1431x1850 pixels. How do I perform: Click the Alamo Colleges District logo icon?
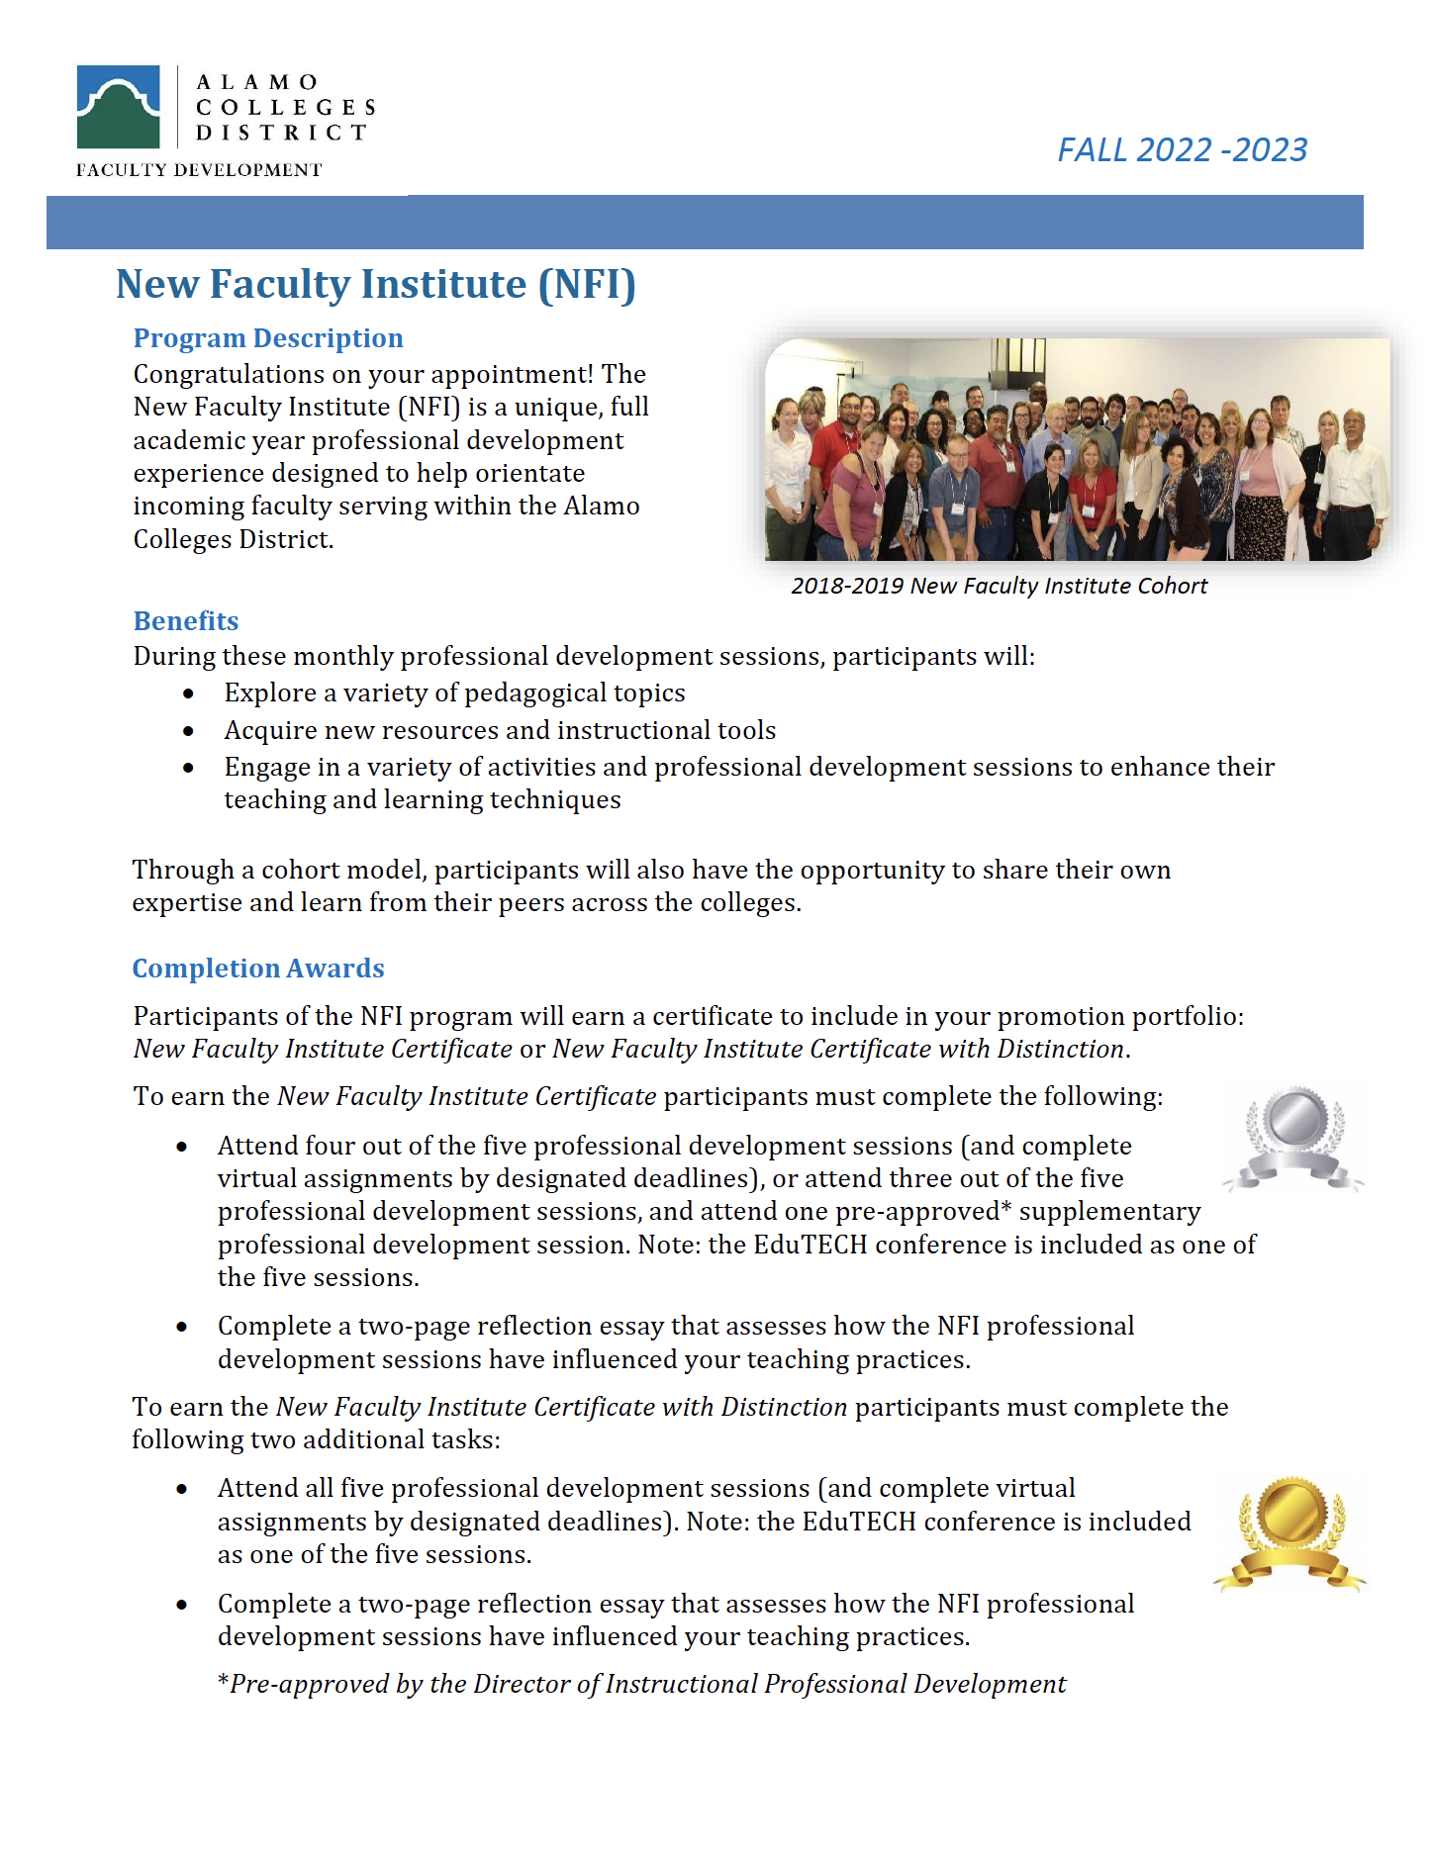coord(118,107)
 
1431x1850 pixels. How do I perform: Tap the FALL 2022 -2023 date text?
coord(1182,149)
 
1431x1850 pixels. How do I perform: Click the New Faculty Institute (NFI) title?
coord(375,284)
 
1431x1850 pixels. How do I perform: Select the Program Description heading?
coord(268,338)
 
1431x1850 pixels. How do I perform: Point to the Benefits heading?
coord(186,621)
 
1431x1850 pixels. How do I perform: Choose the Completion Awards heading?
coord(258,969)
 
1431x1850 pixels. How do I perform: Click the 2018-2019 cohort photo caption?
coord(999,586)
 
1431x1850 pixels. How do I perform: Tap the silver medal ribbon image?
coord(1292,1138)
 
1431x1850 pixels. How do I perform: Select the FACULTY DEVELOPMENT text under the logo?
coord(199,170)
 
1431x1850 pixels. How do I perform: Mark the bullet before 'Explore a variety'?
coord(188,694)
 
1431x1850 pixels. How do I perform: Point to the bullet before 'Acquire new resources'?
coord(188,731)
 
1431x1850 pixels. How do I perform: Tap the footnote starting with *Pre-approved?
coord(641,1684)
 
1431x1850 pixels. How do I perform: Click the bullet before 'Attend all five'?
coord(182,1489)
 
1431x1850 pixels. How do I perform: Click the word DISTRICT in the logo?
coord(281,133)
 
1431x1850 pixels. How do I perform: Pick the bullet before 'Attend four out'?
coord(182,1147)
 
